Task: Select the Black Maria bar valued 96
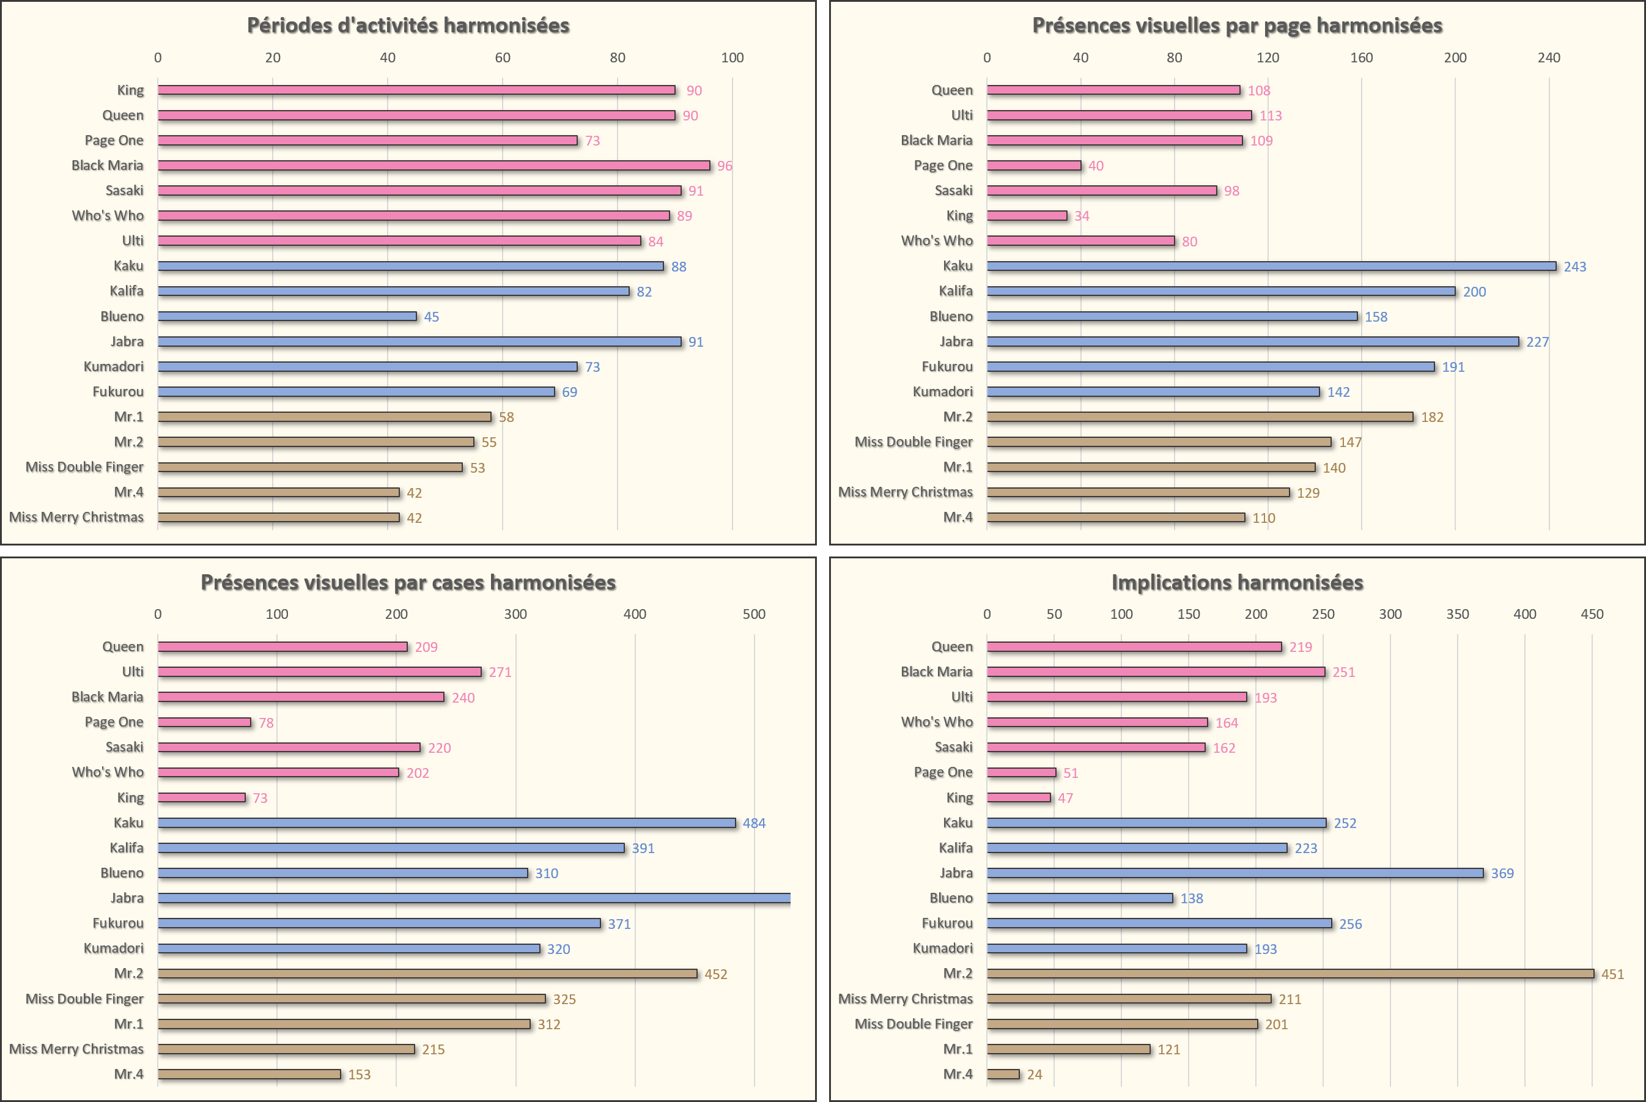(434, 166)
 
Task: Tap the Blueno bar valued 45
(287, 316)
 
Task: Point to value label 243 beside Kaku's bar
(1574, 267)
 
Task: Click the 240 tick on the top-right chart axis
(1548, 57)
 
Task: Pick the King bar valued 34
(1027, 216)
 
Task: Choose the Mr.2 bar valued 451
(1290, 974)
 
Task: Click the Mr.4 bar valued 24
(1003, 1074)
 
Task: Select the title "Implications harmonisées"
(1236, 583)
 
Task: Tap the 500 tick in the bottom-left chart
(754, 614)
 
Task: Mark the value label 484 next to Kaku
(754, 823)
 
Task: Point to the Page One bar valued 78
(204, 722)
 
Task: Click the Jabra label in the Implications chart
(956, 873)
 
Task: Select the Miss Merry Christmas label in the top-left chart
(76, 517)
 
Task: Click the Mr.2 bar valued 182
(1199, 416)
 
